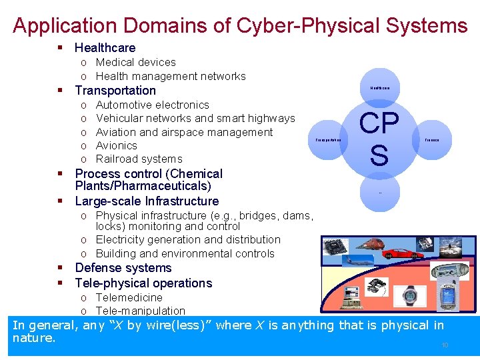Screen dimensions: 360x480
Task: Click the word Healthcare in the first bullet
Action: coord(105,48)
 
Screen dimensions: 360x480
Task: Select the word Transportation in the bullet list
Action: coord(115,91)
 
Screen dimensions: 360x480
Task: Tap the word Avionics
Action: coord(117,145)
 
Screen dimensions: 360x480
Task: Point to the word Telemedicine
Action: coord(129,297)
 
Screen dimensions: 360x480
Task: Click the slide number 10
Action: coord(445,345)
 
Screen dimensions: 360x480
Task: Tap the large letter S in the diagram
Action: coord(379,155)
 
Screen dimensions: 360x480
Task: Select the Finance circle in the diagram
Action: coord(431,139)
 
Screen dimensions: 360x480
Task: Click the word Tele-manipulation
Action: coord(141,311)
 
